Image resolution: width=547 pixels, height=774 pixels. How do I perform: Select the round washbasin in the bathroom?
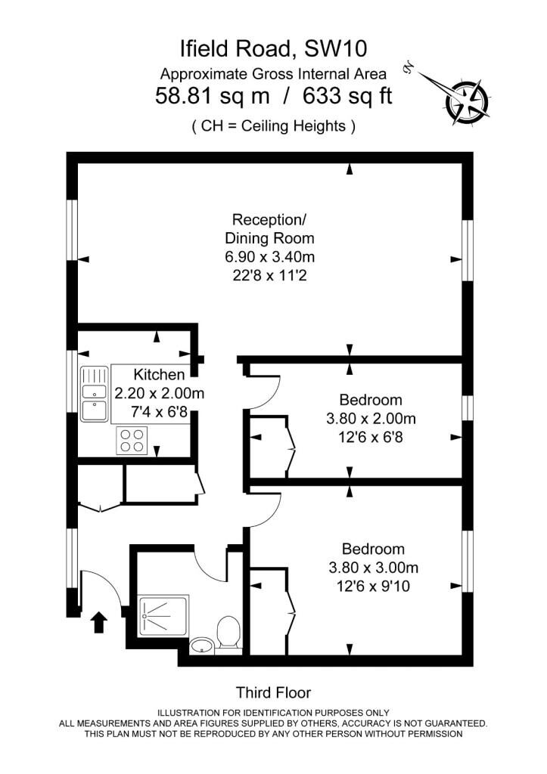click(x=201, y=646)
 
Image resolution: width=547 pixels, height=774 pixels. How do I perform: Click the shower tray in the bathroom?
click(x=163, y=615)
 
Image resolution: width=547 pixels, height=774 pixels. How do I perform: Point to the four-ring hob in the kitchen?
click(x=132, y=441)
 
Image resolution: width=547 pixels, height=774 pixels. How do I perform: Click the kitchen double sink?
click(x=95, y=393)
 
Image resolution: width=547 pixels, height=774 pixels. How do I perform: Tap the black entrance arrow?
click(x=99, y=623)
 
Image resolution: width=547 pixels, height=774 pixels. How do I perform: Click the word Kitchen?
click(x=160, y=375)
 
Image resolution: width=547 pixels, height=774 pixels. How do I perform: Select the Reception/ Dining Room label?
click(x=270, y=228)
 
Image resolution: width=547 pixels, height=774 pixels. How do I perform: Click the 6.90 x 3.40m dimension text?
click(x=270, y=257)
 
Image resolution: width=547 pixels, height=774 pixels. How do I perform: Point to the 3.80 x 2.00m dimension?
click(x=371, y=419)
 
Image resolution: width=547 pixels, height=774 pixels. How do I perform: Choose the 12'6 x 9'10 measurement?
click(x=374, y=587)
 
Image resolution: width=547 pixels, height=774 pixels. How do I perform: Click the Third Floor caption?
click(x=274, y=692)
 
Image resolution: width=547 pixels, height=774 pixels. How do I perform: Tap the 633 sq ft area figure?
click(x=347, y=96)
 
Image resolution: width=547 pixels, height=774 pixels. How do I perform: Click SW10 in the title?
click(x=335, y=49)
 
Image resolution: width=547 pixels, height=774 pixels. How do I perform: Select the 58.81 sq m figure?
click(x=213, y=96)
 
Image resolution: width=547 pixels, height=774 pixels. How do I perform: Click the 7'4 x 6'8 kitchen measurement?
click(x=160, y=412)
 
